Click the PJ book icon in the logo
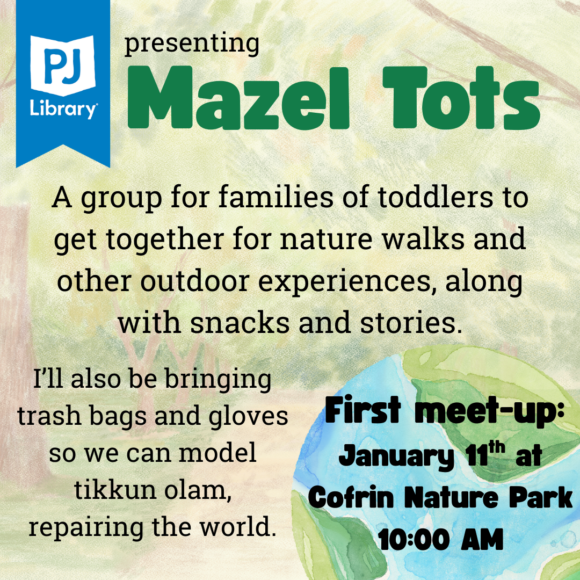click(63, 65)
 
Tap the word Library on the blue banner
click(63, 109)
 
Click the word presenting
click(192, 45)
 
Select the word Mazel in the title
click(238, 98)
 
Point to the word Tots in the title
click(461, 98)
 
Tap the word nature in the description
click(326, 239)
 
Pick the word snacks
click(240, 322)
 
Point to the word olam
click(198, 490)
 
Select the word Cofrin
click(351, 497)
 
